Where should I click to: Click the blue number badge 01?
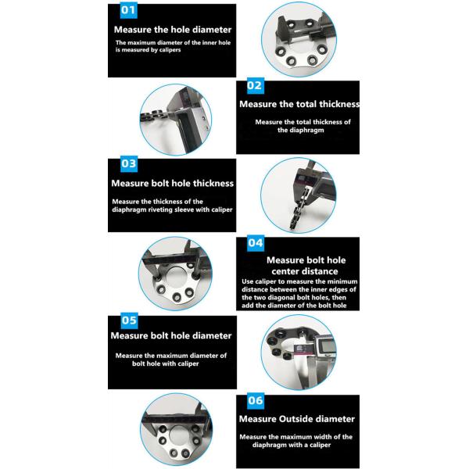point(128,10)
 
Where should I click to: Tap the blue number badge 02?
point(255,85)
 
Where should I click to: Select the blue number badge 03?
point(129,163)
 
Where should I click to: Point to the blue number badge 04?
point(256,243)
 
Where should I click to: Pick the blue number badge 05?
point(129,320)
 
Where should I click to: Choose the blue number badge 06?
point(256,400)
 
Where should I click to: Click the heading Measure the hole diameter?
point(173,30)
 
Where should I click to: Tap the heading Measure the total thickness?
point(299,104)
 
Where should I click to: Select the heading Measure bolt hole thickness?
point(172,184)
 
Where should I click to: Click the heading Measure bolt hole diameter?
point(171,335)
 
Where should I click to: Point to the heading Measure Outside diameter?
point(297,419)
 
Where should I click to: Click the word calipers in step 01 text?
point(170,50)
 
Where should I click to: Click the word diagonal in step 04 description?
point(274,298)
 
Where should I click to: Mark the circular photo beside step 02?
point(176,120)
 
